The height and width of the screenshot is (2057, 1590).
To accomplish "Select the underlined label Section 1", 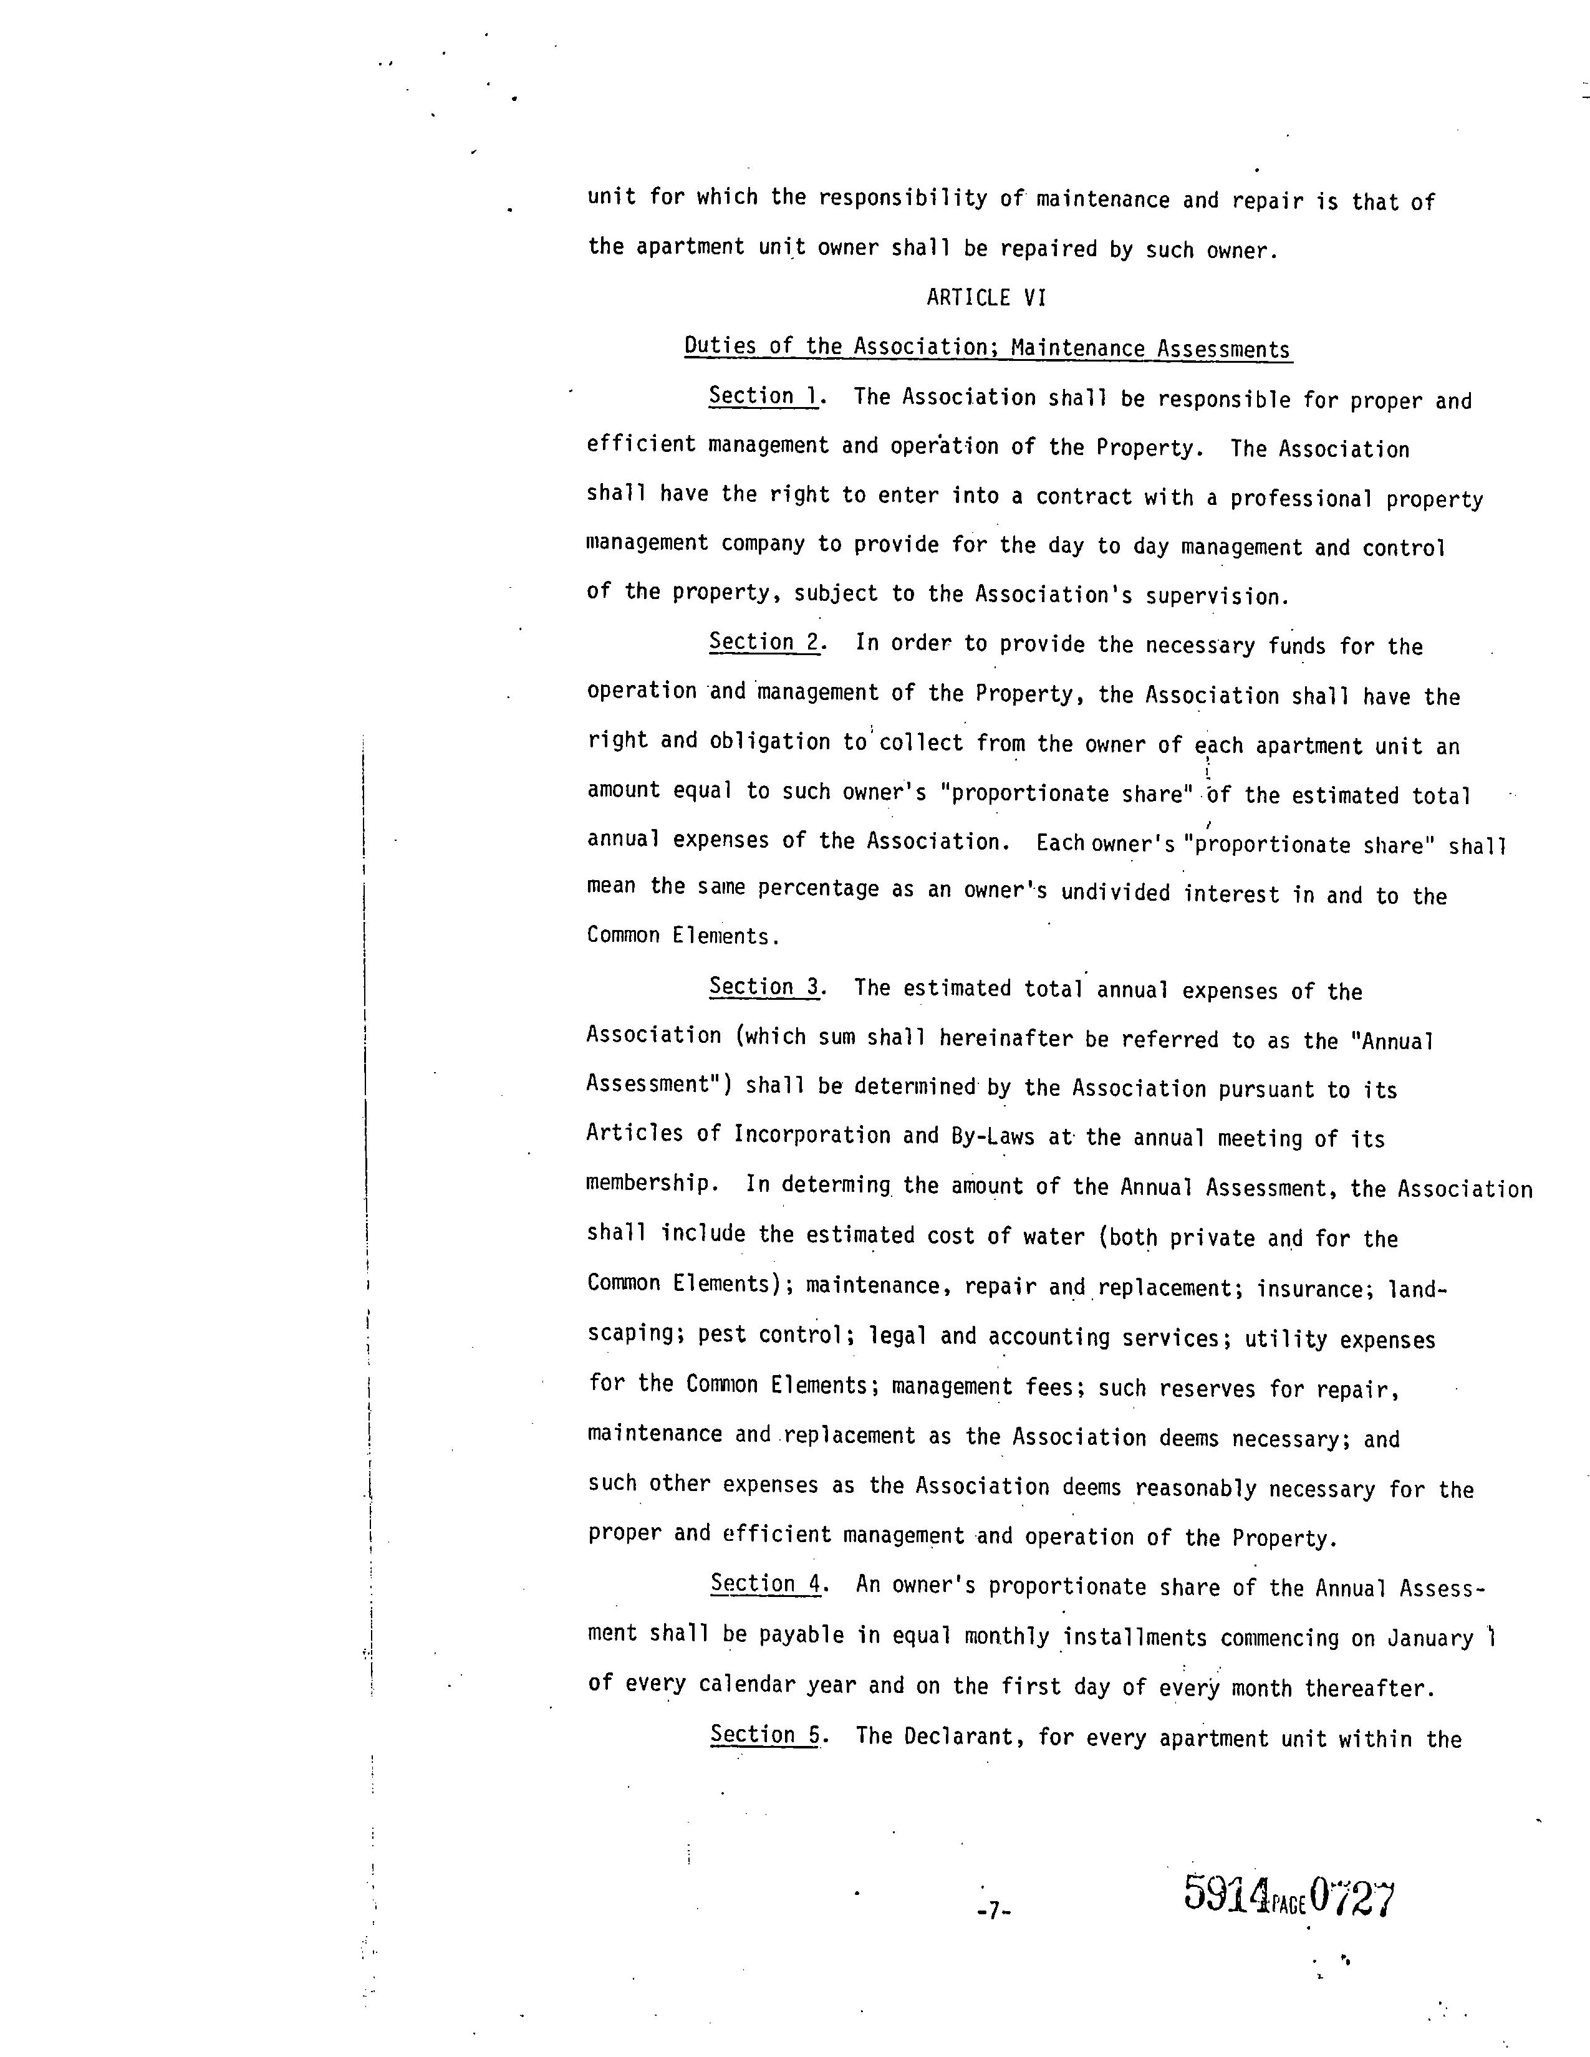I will pyautogui.click(x=764, y=396).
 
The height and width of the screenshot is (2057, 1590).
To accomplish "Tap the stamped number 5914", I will pyautogui.click(x=1225, y=1894).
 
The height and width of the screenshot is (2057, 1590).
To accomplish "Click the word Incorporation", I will pyautogui.click(x=812, y=1135).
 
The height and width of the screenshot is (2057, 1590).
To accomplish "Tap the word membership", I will pyautogui.click(x=648, y=1184).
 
